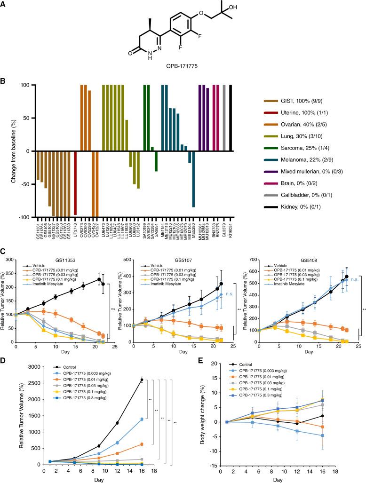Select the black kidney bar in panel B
pyautogui.click(x=231, y=118)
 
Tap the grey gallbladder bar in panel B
pyautogui.click(x=224, y=118)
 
